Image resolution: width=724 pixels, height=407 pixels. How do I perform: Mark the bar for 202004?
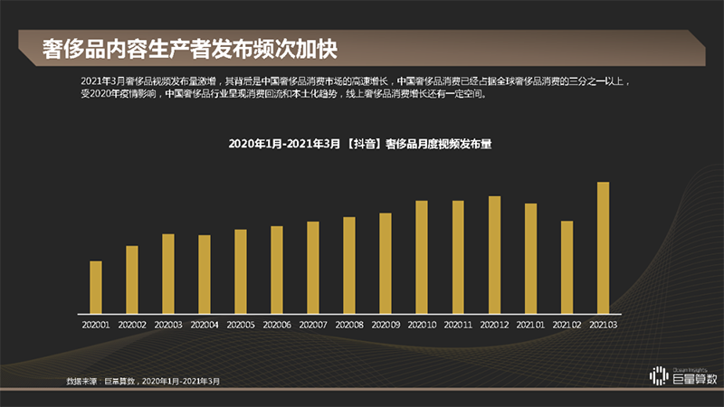coord(205,274)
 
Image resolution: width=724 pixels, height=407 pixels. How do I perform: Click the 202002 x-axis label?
coord(132,324)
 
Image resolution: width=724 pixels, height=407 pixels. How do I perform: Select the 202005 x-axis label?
coord(241,324)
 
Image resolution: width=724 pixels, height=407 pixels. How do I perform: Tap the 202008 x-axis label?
coord(349,324)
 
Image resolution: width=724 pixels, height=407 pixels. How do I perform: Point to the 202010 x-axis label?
coord(422,324)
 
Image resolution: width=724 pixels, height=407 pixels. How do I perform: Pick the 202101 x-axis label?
coord(530,324)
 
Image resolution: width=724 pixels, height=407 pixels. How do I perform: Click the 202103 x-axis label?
coord(603,324)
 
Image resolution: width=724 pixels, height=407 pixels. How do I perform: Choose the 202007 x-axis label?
coord(313,324)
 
